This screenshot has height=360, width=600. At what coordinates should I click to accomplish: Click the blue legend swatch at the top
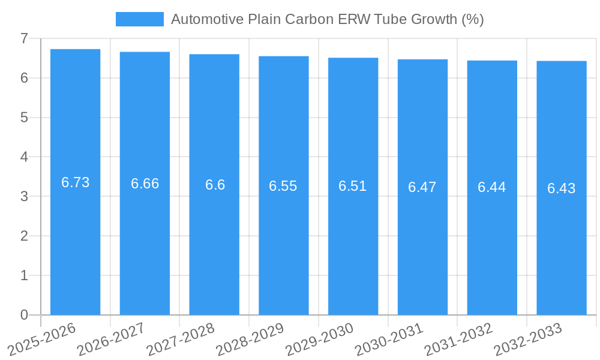coord(139,19)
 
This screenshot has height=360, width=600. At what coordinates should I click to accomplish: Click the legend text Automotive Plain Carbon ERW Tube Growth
coord(327,19)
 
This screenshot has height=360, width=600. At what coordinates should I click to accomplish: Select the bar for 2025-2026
coord(75,240)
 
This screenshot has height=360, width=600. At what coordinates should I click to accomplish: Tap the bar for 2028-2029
coord(284,240)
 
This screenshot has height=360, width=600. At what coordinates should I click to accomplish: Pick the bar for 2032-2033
coord(562,240)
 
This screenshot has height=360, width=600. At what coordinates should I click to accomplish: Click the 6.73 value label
coord(75,182)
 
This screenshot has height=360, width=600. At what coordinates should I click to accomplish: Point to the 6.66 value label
coord(145,184)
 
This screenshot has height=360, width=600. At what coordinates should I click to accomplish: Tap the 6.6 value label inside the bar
coord(215,185)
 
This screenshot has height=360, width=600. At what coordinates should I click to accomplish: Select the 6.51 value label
coord(352,186)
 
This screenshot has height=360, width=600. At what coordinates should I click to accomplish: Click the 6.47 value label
coord(422,187)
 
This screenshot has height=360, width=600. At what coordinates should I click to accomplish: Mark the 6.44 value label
coord(491,187)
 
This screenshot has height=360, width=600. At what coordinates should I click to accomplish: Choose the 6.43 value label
coord(561,188)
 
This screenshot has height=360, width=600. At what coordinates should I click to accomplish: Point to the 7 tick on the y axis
coord(24,38)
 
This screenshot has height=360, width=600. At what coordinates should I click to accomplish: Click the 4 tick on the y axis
coord(24,157)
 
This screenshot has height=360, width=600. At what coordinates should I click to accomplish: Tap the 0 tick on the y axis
coord(24,315)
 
